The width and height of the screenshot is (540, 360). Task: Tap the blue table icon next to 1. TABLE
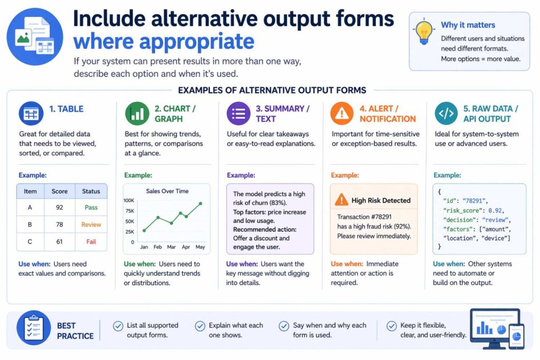coord(31,114)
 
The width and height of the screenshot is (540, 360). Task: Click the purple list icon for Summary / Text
coord(239,114)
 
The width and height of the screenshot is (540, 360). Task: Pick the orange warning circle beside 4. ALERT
coord(342,114)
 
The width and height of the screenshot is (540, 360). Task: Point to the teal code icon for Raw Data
coord(446,114)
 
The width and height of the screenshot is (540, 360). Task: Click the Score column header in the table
coord(60,191)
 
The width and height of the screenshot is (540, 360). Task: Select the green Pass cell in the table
coord(91,208)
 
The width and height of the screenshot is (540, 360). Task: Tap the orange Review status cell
coord(91,225)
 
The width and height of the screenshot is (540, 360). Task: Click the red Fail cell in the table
coord(91,241)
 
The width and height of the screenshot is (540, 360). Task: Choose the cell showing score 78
coord(60,225)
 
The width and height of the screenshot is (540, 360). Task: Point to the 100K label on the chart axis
coord(129,201)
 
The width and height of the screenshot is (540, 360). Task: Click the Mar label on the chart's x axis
coord(171,246)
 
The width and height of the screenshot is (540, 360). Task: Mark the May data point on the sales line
coord(200,203)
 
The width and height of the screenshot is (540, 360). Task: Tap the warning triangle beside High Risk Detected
coord(342,200)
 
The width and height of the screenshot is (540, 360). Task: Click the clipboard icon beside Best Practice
coord(34,328)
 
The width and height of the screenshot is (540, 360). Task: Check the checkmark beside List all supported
coord(118,326)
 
